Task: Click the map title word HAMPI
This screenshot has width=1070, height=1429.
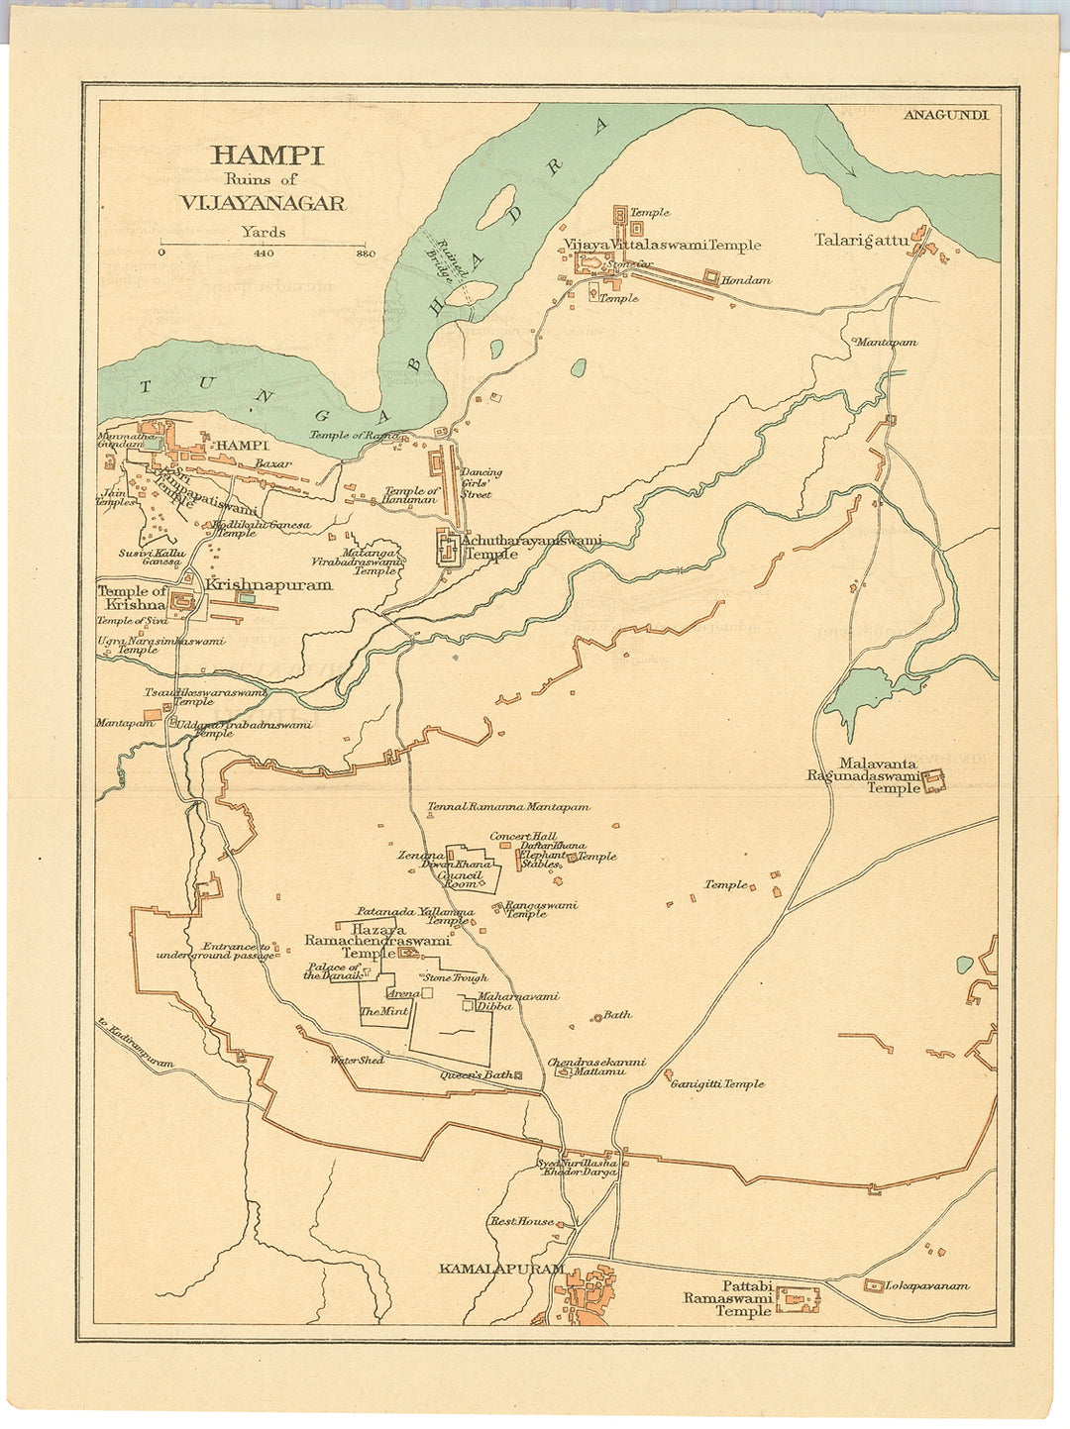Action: pos(267,155)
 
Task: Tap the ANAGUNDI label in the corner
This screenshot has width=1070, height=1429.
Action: pos(945,114)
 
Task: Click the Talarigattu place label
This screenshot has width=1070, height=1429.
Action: pos(861,240)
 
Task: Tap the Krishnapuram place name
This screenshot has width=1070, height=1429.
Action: pos(268,585)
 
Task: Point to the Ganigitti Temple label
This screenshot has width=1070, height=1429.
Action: pos(717,1084)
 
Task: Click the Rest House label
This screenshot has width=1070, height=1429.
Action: pos(522,1222)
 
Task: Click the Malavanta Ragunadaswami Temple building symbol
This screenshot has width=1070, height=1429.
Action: pos(933,781)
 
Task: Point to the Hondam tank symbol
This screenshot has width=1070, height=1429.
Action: pos(711,275)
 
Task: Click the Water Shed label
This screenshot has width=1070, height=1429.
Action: pos(357,1060)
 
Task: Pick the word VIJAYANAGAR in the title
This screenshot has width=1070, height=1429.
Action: pos(263,203)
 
